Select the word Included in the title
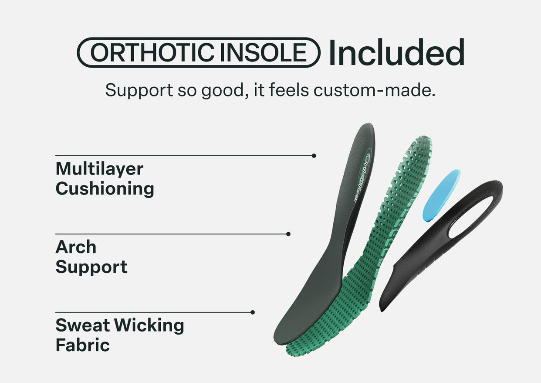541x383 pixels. [x=396, y=53]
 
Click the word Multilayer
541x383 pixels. [x=99, y=169]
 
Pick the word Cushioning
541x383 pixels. [x=105, y=189]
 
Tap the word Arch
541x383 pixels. [x=76, y=247]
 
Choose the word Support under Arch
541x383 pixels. [x=91, y=267]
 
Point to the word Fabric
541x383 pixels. [x=82, y=345]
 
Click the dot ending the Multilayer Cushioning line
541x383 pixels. [x=314, y=156]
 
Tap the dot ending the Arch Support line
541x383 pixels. [x=288, y=234]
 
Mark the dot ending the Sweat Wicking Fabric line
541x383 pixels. [x=253, y=312]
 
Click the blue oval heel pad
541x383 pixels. [x=441, y=195]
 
